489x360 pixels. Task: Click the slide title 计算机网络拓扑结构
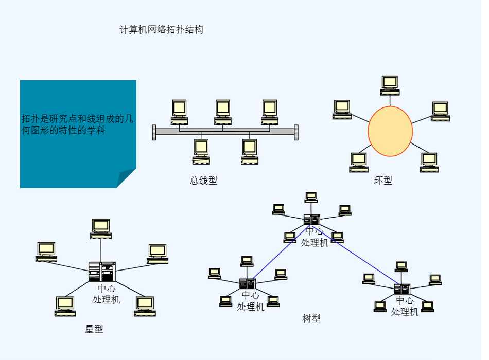point(161,30)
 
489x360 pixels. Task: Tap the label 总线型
point(203,181)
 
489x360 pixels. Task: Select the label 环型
point(383,181)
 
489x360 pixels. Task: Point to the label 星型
point(94,329)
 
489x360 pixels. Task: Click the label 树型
point(311,319)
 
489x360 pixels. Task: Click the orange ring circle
point(390,131)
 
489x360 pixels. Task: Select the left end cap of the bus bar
point(154,132)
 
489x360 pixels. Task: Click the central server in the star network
point(101,272)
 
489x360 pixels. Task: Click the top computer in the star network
point(101,228)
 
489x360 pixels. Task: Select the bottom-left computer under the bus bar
point(201,151)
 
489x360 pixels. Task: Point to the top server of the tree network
point(311,220)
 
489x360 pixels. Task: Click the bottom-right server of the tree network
point(402,290)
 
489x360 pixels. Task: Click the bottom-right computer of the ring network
point(428,162)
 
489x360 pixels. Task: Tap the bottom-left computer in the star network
point(65,305)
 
